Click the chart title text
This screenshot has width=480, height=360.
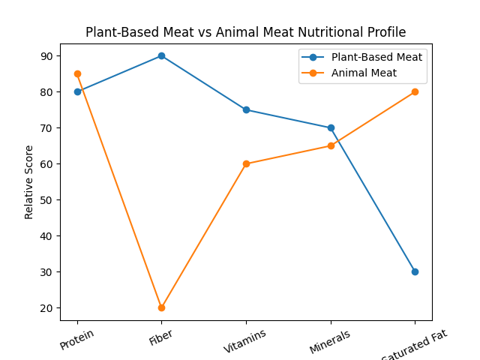(x=245, y=32)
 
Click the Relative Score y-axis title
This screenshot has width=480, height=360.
(x=29, y=182)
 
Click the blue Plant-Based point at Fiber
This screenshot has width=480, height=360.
(x=161, y=55)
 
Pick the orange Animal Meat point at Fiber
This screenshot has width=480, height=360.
(x=161, y=307)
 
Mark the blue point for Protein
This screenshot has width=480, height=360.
(x=77, y=91)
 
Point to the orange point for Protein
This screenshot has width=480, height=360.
(x=77, y=73)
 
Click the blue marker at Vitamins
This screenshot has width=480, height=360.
(x=246, y=109)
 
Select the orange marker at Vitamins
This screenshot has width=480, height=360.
(x=246, y=163)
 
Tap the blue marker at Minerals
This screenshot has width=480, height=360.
(x=331, y=127)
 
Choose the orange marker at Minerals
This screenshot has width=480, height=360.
(x=331, y=145)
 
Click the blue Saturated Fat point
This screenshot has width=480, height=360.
(x=415, y=271)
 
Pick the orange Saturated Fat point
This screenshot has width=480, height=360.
(x=415, y=91)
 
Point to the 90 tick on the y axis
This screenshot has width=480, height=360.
(x=47, y=56)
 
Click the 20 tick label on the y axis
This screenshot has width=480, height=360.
(x=47, y=308)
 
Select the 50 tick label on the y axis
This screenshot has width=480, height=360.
(x=47, y=200)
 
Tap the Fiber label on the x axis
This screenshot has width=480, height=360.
(x=160, y=338)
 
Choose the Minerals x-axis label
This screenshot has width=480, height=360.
(x=329, y=342)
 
